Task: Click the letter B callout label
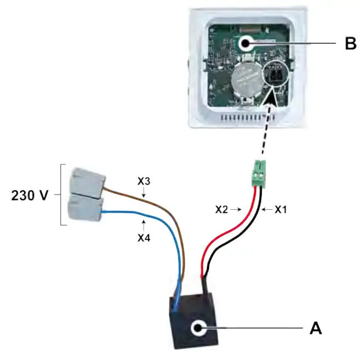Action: tap(350, 43)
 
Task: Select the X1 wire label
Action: tap(281, 209)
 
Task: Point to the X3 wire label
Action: tap(144, 181)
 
